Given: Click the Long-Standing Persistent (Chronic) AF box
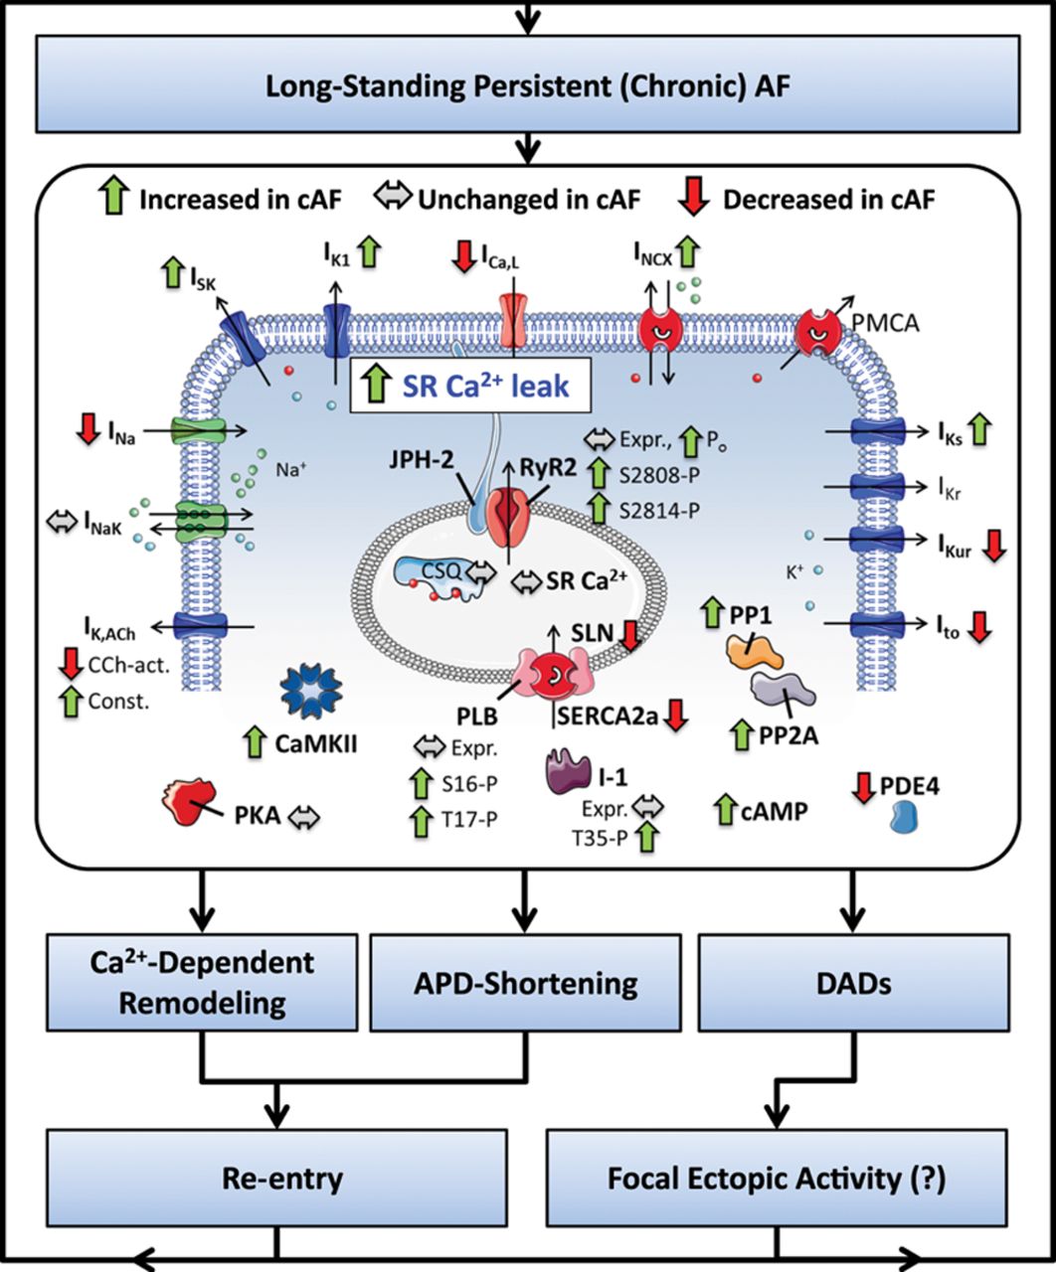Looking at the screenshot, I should (527, 86).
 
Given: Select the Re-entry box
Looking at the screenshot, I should (280, 1179).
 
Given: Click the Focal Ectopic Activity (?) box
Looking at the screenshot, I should (777, 1179).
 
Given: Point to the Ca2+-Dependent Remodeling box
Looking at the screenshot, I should (202, 982).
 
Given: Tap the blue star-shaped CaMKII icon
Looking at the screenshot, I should (311, 686).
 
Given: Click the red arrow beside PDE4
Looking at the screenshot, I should (866, 788).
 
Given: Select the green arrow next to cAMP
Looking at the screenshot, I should (726, 810).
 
